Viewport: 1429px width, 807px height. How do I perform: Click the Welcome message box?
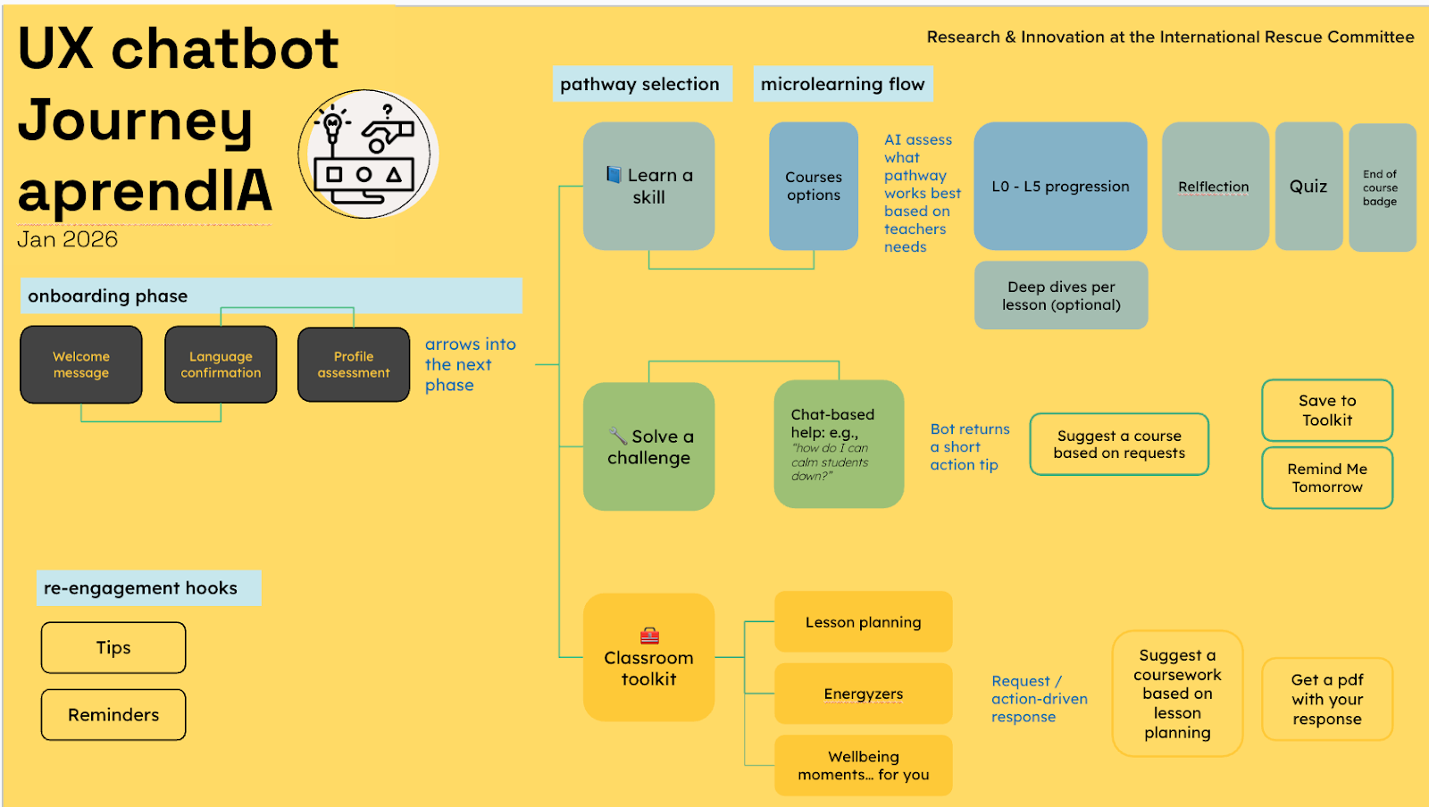(81, 364)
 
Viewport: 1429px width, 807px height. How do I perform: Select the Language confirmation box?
(221, 364)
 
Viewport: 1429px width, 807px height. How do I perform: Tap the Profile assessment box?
(354, 364)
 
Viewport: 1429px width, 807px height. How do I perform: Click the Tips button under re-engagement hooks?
(113, 647)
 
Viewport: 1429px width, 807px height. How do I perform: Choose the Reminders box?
(113, 714)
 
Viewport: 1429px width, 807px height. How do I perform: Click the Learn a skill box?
(648, 186)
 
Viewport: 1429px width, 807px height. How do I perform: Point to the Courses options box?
(814, 186)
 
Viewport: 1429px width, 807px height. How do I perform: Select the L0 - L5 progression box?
(1060, 186)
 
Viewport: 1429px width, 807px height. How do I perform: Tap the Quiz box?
(1308, 186)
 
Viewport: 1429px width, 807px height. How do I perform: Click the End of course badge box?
(1382, 187)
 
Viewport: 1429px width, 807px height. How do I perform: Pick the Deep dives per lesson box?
(1061, 295)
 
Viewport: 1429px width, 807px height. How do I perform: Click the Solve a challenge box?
(648, 446)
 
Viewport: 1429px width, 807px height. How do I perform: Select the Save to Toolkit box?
(1327, 410)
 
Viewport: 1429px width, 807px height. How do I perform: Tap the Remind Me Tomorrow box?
(1327, 478)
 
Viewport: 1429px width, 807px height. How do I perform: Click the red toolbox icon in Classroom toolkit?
(649, 636)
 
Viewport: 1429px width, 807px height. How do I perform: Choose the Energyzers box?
(863, 694)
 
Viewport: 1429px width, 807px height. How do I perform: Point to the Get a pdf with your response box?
(1327, 699)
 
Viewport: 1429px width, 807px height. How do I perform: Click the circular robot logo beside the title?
(367, 154)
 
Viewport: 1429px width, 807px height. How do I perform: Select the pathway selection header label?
(641, 84)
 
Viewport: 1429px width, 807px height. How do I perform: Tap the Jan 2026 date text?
(68, 239)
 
